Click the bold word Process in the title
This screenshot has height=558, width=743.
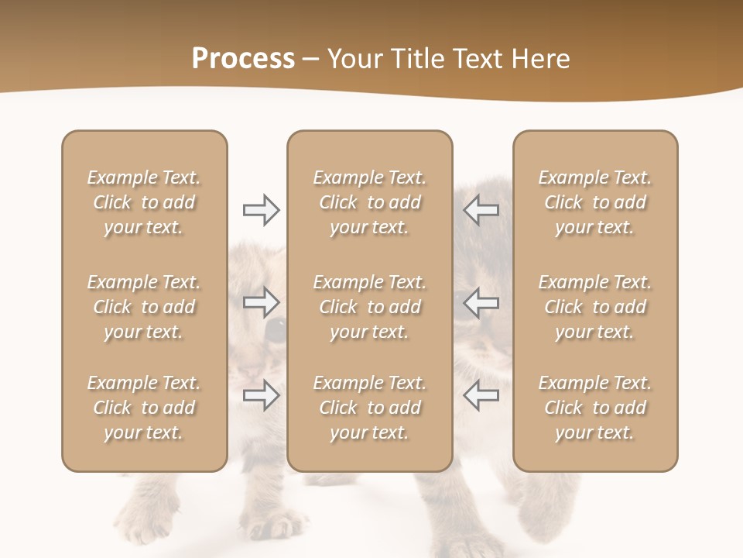point(243,59)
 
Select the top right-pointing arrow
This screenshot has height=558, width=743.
point(261,210)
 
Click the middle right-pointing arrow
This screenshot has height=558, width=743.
point(261,301)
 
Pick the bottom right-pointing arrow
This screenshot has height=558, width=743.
point(261,395)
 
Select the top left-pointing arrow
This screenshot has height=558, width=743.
point(481,210)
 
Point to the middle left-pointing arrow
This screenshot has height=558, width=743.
point(481,301)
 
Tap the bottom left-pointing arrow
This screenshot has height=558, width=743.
point(481,395)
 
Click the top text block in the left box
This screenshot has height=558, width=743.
point(144,202)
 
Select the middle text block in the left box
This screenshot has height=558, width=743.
point(144,307)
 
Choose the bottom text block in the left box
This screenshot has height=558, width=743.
point(144,408)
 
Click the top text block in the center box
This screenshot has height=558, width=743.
point(369,202)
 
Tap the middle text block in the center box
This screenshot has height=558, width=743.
point(369,307)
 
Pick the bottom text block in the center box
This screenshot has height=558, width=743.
point(369,408)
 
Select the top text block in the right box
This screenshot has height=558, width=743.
point(595,202)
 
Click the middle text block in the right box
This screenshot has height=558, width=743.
point(595,307)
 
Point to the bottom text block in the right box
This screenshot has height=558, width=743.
point(595,408)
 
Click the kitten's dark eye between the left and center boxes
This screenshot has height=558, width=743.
point(276,330)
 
